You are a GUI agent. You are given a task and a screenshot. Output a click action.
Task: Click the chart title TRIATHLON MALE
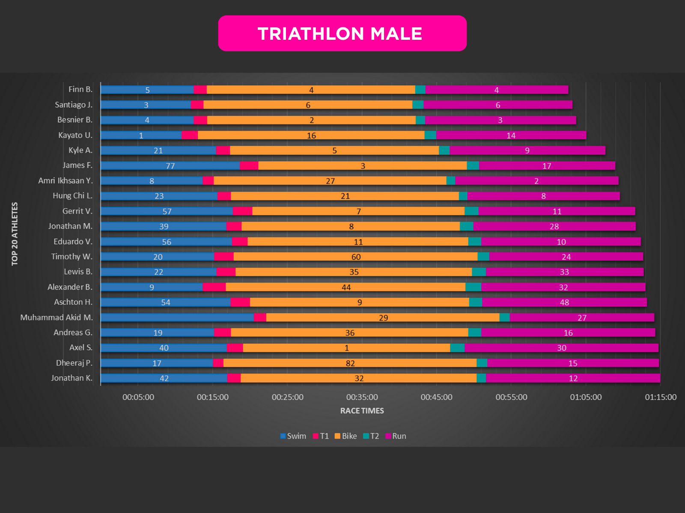[x=340, y=34]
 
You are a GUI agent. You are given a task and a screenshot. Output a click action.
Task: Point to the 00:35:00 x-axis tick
[x=362, y=397]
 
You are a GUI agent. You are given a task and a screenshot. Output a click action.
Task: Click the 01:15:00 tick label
[x=661, y=397]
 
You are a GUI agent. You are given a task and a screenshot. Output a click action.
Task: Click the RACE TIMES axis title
[x=362, y=411]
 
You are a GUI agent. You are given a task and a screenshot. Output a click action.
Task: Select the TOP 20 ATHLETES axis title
[x=15, y=234]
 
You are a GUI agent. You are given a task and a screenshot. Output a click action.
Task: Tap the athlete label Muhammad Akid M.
[x=57, y=317]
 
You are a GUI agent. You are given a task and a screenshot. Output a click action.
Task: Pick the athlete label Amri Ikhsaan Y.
[x=65, y=180]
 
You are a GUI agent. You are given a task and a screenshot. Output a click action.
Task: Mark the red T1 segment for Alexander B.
[x=214, y=287]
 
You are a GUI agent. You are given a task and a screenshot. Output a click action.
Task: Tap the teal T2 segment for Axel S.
[x=457, y=348]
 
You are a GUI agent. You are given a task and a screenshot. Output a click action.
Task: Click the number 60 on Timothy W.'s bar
[x=356, y=257]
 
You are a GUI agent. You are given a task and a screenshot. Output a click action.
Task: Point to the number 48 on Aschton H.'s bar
[x=564, y=302]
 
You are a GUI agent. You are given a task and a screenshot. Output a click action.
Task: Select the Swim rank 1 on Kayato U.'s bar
[x=141, y=136]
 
